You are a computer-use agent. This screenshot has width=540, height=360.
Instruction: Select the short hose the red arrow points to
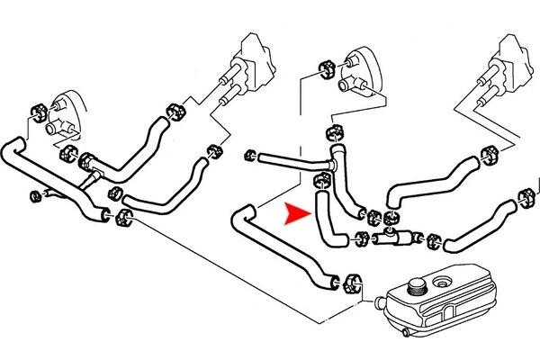coord(326,220)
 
